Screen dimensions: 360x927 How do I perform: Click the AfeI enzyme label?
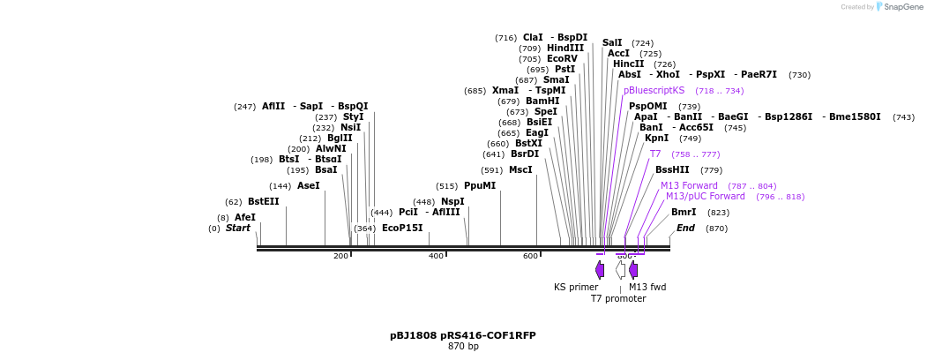click(245, 217)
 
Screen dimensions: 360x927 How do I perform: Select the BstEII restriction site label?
click(263, 201)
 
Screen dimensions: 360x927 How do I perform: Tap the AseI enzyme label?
click(308, 185)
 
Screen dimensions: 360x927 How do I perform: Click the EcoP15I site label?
click(402, 228)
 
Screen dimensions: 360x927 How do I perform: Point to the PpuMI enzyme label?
click(480, 185)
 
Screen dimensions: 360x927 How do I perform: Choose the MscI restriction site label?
click(520, 169)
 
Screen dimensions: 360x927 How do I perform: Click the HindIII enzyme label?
click(565, 49)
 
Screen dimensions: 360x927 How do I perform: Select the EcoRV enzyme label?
click(562, 59)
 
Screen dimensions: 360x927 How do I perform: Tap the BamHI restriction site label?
click(542, 101)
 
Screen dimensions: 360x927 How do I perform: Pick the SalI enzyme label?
click(612, 42)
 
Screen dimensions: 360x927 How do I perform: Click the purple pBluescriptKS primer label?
click(654, 90)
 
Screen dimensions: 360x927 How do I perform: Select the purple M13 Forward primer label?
click(689, 185)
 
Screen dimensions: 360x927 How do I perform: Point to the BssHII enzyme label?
click(672, 169)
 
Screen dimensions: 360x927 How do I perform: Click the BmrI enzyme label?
click(684, 212)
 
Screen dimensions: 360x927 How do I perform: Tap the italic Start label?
click(238, 228)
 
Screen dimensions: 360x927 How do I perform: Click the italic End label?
click(685, 228)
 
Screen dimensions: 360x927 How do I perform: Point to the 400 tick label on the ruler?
click(436, 256)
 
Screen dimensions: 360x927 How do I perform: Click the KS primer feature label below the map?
click(576, 287)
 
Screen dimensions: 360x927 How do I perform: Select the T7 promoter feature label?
click(618, 298)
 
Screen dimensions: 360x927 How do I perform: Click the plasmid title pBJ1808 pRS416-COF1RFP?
click(463, 335)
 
